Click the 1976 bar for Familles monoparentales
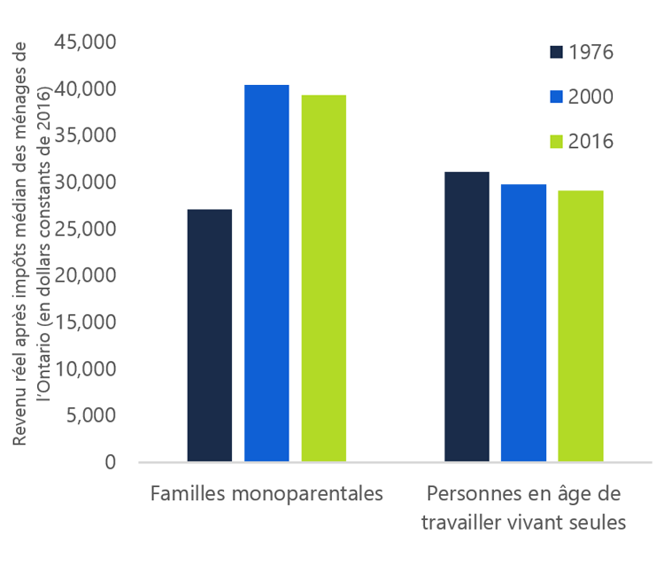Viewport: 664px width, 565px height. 210,336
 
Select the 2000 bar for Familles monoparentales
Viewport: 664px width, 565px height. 266,274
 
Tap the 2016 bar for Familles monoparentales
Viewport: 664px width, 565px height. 323,278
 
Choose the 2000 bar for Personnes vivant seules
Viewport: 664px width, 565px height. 523,322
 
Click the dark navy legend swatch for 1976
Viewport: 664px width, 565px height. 556,51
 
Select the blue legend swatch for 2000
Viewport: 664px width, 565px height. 556,97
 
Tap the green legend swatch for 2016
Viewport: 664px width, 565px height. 556,142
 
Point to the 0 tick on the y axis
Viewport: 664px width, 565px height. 110,462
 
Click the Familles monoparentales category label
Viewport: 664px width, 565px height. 266,493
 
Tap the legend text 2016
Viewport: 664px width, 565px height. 591,142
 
